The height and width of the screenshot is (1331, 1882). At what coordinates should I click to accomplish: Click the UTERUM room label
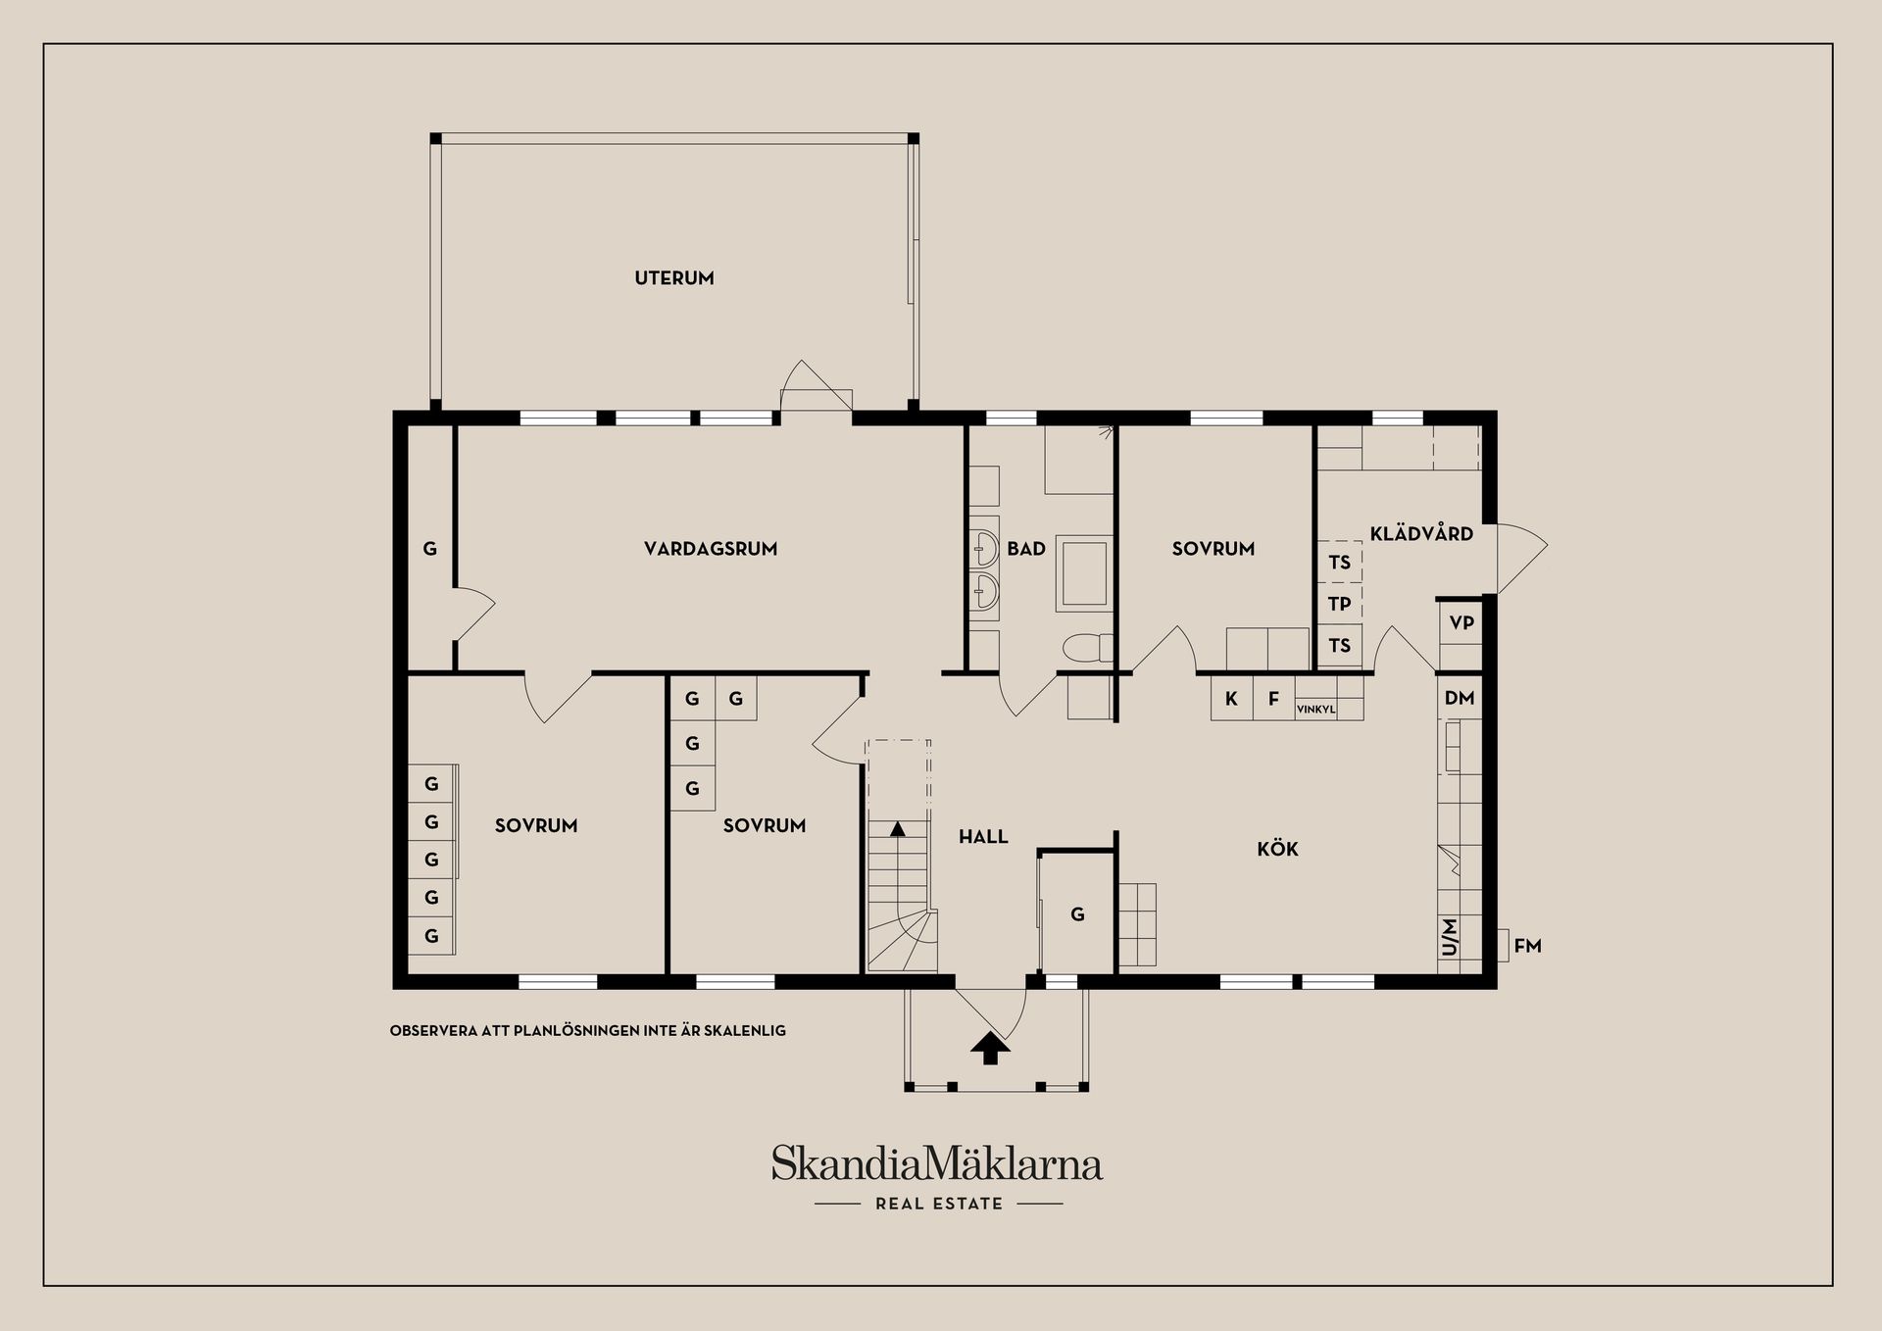(x=674, y=278)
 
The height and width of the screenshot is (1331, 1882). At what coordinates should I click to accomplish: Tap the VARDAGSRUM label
(x=711, y=549)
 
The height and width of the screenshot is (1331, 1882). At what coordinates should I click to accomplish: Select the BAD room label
(x=1026, y=549)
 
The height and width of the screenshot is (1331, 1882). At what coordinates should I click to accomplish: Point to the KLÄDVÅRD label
(x=1421, y=534)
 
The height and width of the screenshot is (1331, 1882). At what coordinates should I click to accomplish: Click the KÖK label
(x=1277, y=849)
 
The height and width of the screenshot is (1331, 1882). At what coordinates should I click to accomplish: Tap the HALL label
(x=983, y=837)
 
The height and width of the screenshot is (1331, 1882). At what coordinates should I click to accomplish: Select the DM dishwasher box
(x=1460, y=699)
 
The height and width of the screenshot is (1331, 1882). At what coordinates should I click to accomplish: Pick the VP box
(x=1461, y=623)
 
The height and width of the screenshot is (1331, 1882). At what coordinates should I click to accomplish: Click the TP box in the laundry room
(x=1339, y=604)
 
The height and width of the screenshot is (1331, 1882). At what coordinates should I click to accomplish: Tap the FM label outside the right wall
(x=1527, y=946)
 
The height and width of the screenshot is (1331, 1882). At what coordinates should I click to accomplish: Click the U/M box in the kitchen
(x=1450, y=937)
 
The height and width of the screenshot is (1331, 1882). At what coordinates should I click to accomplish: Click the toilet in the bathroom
(x=1086, y=648)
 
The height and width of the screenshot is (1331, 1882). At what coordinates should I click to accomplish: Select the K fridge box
(x=1231, y=699)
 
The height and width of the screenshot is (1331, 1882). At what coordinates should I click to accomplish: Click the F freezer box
(x=1273, y=699)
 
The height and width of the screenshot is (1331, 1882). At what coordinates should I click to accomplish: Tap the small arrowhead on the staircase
(x=897, y=829)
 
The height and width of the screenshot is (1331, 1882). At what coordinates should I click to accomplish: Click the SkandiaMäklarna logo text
(x=936, y=1164)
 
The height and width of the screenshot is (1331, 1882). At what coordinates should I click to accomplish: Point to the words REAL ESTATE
(x=939, y=1204)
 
